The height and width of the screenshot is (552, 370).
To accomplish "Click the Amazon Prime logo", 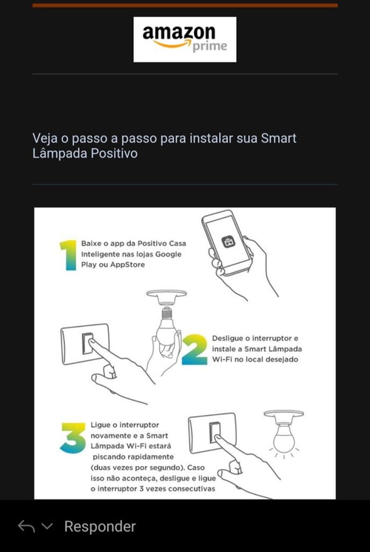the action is click(185, 39).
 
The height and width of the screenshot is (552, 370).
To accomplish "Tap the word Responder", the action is click(100, 527).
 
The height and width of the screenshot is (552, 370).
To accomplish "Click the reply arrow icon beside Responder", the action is click(27, 527).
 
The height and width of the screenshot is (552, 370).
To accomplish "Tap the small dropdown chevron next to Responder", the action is click(47, 527).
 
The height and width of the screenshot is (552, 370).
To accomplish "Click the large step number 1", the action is click(69, 255).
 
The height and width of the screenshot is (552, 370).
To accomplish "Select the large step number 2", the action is click(195, 349).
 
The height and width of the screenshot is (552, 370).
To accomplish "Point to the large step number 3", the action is click(73, 438).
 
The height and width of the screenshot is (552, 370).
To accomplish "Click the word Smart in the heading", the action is click(278, 139).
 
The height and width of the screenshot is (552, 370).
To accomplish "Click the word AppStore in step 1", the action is click(127, 265).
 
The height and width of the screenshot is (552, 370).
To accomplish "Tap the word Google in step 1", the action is click(169, 254).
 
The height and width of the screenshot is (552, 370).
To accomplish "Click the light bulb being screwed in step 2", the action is click(166, 328).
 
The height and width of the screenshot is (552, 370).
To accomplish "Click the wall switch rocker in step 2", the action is click(87, 343).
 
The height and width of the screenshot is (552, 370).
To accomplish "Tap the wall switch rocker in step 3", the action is click(215, 432).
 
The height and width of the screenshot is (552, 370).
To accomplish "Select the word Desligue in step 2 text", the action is click(228, 339).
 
